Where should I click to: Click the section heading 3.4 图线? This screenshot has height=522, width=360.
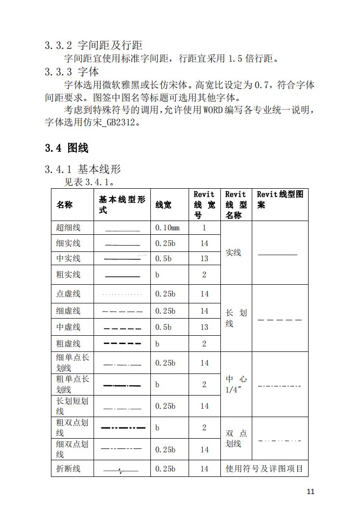[67, 148]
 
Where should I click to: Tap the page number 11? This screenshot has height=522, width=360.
[311, 492]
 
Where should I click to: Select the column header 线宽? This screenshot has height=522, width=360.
[164, 205]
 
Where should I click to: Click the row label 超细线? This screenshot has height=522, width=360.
[69, 227]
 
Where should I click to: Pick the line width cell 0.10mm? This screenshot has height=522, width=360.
[168, 227]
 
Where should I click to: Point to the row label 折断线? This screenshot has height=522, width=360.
[69, 469]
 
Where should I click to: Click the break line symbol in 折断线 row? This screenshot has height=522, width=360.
[121, 471]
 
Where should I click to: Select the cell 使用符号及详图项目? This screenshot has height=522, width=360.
[264, 469]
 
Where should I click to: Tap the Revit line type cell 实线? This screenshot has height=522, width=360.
[233, 252]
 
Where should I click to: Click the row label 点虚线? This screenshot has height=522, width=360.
[69, 294]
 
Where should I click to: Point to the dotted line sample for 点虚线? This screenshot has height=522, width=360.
[122, 295]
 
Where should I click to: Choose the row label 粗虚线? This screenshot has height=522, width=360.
[69, 344]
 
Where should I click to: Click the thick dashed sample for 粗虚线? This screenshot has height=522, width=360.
[122, 344]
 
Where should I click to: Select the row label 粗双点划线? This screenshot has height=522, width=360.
[72, 427]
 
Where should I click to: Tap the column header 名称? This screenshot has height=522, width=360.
[65, 205]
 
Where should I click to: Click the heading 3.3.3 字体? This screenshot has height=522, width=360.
[72, 72]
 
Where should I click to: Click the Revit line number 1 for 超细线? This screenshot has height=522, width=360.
[204, 227]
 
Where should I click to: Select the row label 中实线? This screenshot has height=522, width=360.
[69, 258]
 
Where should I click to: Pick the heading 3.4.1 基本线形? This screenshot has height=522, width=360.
[83, 170]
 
